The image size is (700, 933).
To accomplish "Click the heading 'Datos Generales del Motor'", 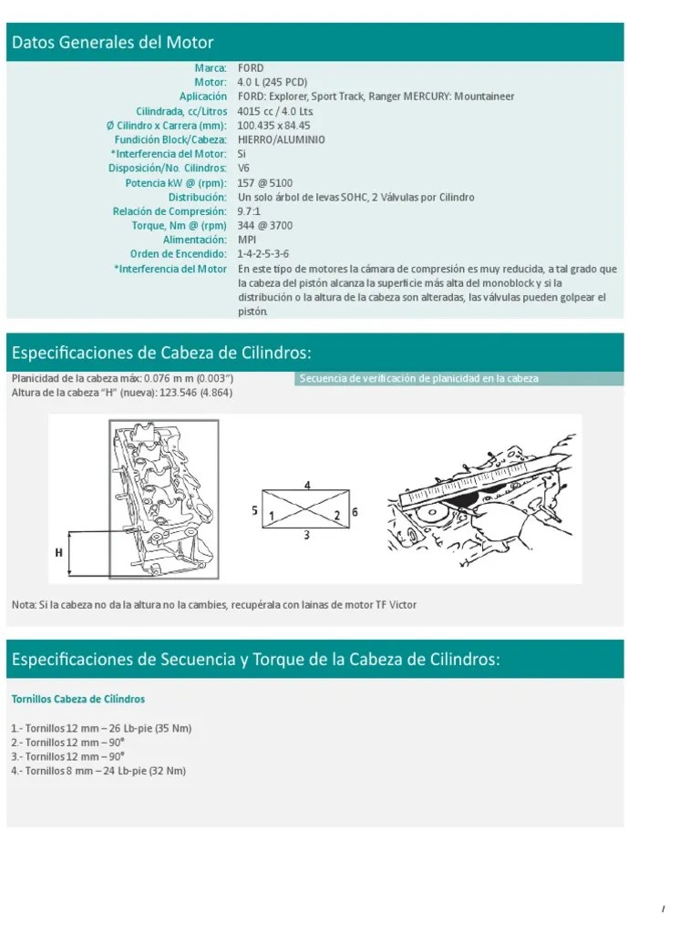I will [x=113, y=43].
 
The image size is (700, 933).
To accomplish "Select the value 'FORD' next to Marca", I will [x=251, y=68].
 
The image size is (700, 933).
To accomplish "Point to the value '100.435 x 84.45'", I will [x=273, y=126].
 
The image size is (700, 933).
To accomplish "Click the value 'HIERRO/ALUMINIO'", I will [x=281, y=140].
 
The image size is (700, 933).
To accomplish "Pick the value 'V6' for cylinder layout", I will [x=243, y=169].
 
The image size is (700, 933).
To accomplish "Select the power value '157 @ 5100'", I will [x=264, y=183].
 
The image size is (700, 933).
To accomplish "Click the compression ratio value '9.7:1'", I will [x=249, y=211].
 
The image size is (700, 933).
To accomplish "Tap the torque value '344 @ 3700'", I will [x=265, y=226].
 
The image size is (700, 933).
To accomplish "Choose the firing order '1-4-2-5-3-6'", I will [x=264, y=254].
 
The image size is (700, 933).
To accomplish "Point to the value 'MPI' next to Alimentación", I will [x=246, y=241].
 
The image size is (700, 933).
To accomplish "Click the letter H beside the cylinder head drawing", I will [x=58, y=552].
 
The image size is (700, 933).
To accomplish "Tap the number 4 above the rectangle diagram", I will [x=307, y=486].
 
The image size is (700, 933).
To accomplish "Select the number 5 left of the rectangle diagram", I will [x=254, y=511].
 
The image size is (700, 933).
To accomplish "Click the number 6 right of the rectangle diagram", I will [x=355, y=512].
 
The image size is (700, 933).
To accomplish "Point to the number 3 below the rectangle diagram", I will [x=306, y=536].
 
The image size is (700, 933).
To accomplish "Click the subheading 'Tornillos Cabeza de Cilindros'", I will [x=77, y=699].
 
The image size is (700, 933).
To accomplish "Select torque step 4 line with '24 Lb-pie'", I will [x=98, y=771].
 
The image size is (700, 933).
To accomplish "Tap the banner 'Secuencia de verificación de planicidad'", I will [x=419, y=378].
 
